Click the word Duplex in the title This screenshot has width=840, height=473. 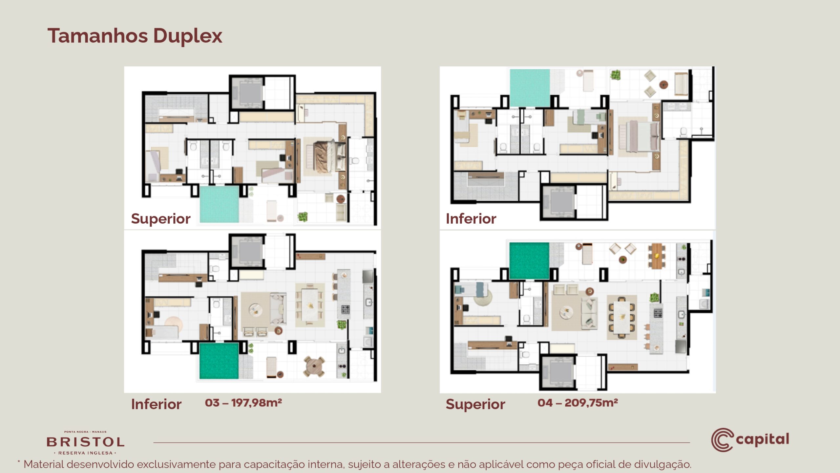click(188, 36)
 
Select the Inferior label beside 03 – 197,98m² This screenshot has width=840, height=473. click(156, 404)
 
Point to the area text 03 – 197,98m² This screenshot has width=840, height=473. click(243, 403)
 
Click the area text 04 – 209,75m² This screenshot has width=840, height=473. click(577, 403)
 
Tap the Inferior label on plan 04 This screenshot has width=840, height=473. click(471, 219)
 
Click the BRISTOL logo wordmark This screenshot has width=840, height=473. click(85, 442)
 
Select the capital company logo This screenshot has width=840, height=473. click(750, 440)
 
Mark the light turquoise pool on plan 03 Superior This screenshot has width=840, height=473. click(219, 204)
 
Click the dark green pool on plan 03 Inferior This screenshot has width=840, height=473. click(219, 361)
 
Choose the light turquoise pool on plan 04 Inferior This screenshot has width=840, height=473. click(530, 88)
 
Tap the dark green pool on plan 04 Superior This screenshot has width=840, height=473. click(529, 261)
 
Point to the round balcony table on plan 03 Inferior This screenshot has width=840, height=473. click(314, 366)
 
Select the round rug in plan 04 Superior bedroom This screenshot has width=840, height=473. click(483, 298)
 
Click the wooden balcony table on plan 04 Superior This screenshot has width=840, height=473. click(657, 256)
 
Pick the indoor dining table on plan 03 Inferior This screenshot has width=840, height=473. click(310, 305)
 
